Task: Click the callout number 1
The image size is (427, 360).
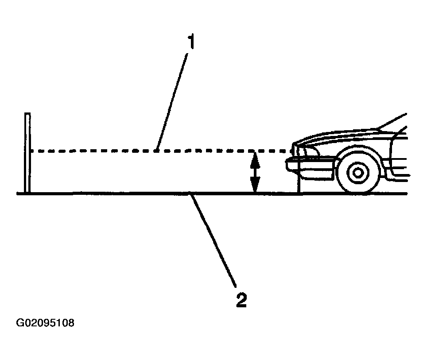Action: tap(191, 43)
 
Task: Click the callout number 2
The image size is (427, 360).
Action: tap(241, 300)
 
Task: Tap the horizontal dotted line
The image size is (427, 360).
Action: tap(111, 151)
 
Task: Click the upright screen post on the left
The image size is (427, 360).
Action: tap(27, 153)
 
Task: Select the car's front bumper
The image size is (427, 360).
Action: tap(310, 166)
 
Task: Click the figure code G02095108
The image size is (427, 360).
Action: tap(45, 323)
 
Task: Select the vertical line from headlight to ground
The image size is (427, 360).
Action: tap(300, 177)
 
